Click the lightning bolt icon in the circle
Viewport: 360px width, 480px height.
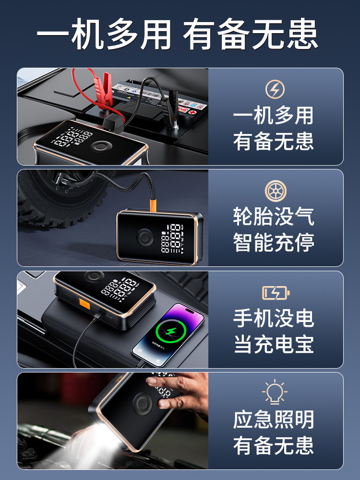pos(275,89)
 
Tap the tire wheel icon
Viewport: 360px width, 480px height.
pos(275,191)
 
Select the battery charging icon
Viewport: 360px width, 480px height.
pos(276,292)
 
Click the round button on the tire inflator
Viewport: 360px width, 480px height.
pos(144,237)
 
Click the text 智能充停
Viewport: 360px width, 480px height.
pos(274,242)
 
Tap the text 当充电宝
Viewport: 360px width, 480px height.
pos(274,344)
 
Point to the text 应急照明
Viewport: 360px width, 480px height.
pos(274,420)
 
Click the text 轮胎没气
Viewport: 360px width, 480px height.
pos(274,216)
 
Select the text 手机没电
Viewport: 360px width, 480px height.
pos(274,318)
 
